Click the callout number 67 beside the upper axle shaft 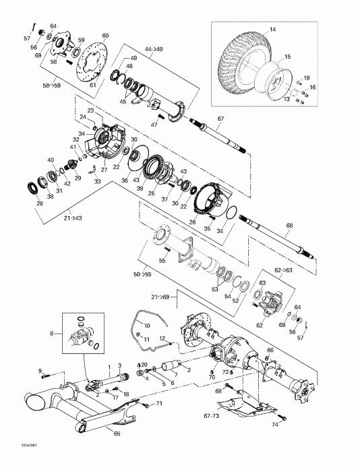(x=220, y=119)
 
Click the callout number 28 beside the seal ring (x=39, y=204)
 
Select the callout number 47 (x=154, y=125)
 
